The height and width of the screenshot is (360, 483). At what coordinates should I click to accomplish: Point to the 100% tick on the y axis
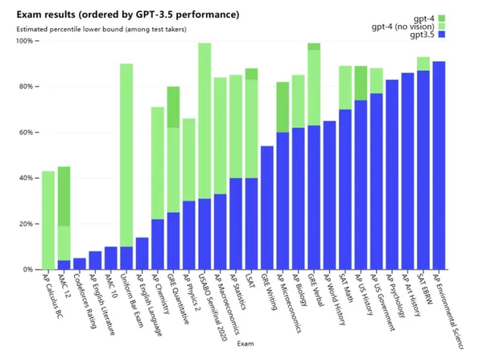click(x=23, y=41)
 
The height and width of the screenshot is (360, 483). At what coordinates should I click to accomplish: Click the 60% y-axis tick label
click(x=25, y=132)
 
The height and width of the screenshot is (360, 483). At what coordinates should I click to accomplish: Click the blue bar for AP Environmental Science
click(x=439, y=165)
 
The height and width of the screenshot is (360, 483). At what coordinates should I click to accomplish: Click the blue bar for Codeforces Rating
click(x=78, y=263)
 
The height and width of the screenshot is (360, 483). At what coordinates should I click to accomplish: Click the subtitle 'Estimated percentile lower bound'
click(x=65, y=30)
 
